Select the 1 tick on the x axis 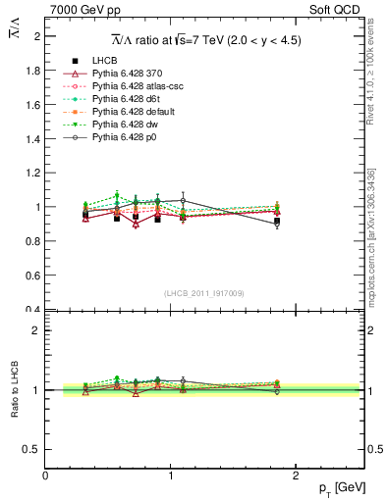click(x=172, y=473)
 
